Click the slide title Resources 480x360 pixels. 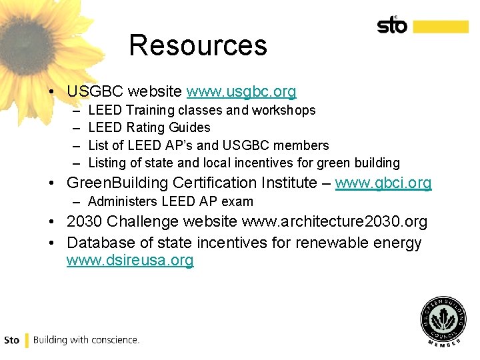(x=198, y=45)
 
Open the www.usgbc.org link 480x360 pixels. (x=241, y=91)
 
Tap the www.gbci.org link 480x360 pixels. (x=383, y=183)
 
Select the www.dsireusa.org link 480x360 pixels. (x=130, y=261)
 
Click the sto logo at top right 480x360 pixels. (x=392, y=25)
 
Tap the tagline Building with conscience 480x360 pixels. (x=86, y=340)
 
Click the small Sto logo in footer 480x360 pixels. (x=12, y=340)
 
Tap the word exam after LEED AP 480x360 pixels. (x=239, y=201)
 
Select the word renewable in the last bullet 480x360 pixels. (x=324, y=243)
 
